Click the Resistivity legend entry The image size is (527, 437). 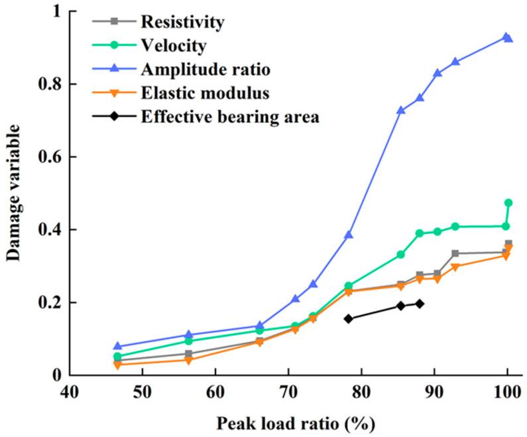182,22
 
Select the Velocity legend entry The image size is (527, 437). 174,46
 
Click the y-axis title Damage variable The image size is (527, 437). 15,193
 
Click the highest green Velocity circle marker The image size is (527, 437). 508,203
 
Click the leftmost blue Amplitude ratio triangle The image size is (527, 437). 117,346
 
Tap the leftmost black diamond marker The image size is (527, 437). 349,318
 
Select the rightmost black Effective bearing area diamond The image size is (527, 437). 420,304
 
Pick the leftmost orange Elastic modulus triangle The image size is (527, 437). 117,365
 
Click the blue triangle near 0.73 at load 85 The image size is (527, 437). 400,111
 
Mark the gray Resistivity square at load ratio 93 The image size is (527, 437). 455,253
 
